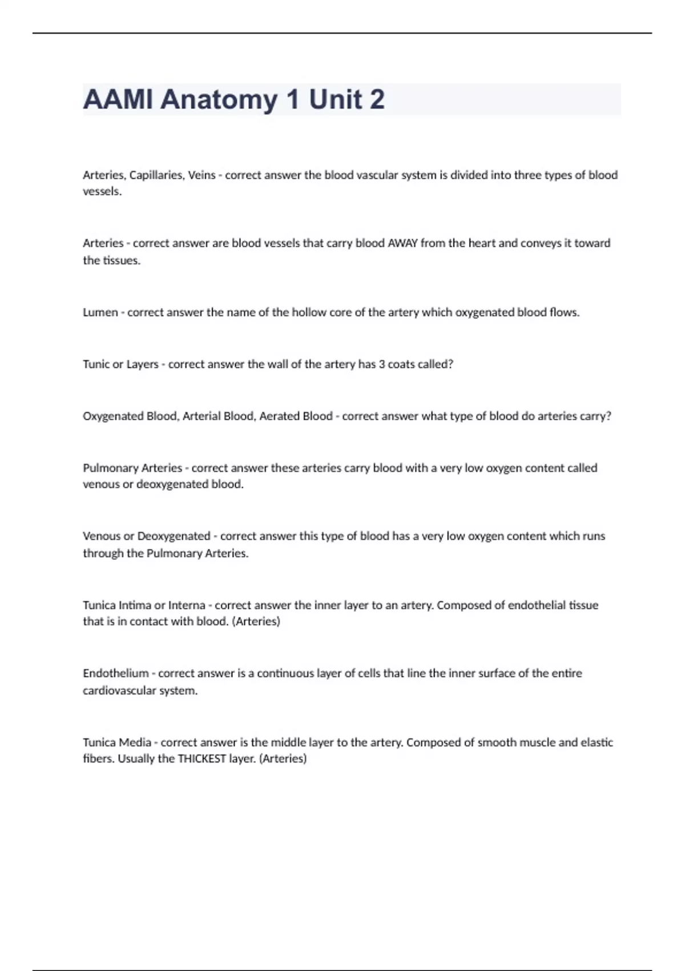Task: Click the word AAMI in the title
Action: (118, 99)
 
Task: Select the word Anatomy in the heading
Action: (219, 100)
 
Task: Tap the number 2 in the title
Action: (377, 99)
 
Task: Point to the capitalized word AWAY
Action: (402, 243)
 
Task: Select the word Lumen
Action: (100, 312)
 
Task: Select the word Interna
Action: (186, 605)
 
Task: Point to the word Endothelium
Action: (115, 673)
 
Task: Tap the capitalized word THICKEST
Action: (202, 759)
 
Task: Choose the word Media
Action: (135, 743)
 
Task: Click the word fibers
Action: (98, 759)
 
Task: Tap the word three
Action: (527, 175)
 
